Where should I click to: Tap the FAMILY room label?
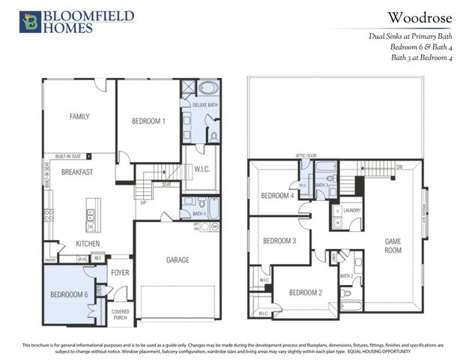[x=79, y=116]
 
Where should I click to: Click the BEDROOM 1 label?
[x=148, y=121]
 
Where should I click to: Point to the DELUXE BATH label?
[x=205, y=105]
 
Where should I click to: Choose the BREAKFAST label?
[x=76, y=172]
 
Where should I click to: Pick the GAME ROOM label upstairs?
[x=393, y=245]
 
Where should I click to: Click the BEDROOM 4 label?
[x=276, y=196]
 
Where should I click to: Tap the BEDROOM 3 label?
[x=279, y=241]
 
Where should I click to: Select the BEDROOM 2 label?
[x=305, y=292]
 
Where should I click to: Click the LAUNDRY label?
[x=351, y=211]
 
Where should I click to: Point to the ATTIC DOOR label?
[x=306, y=156]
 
